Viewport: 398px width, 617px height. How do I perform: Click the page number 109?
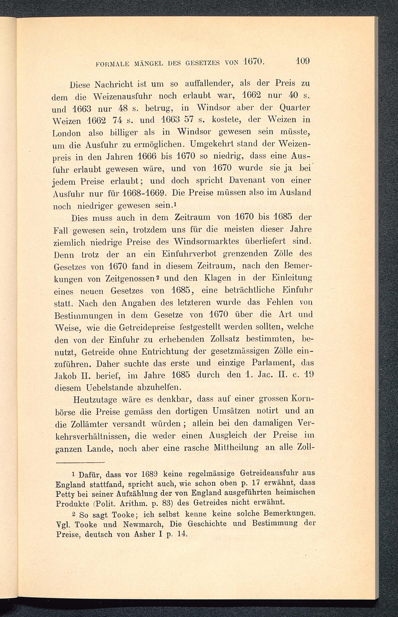303,61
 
